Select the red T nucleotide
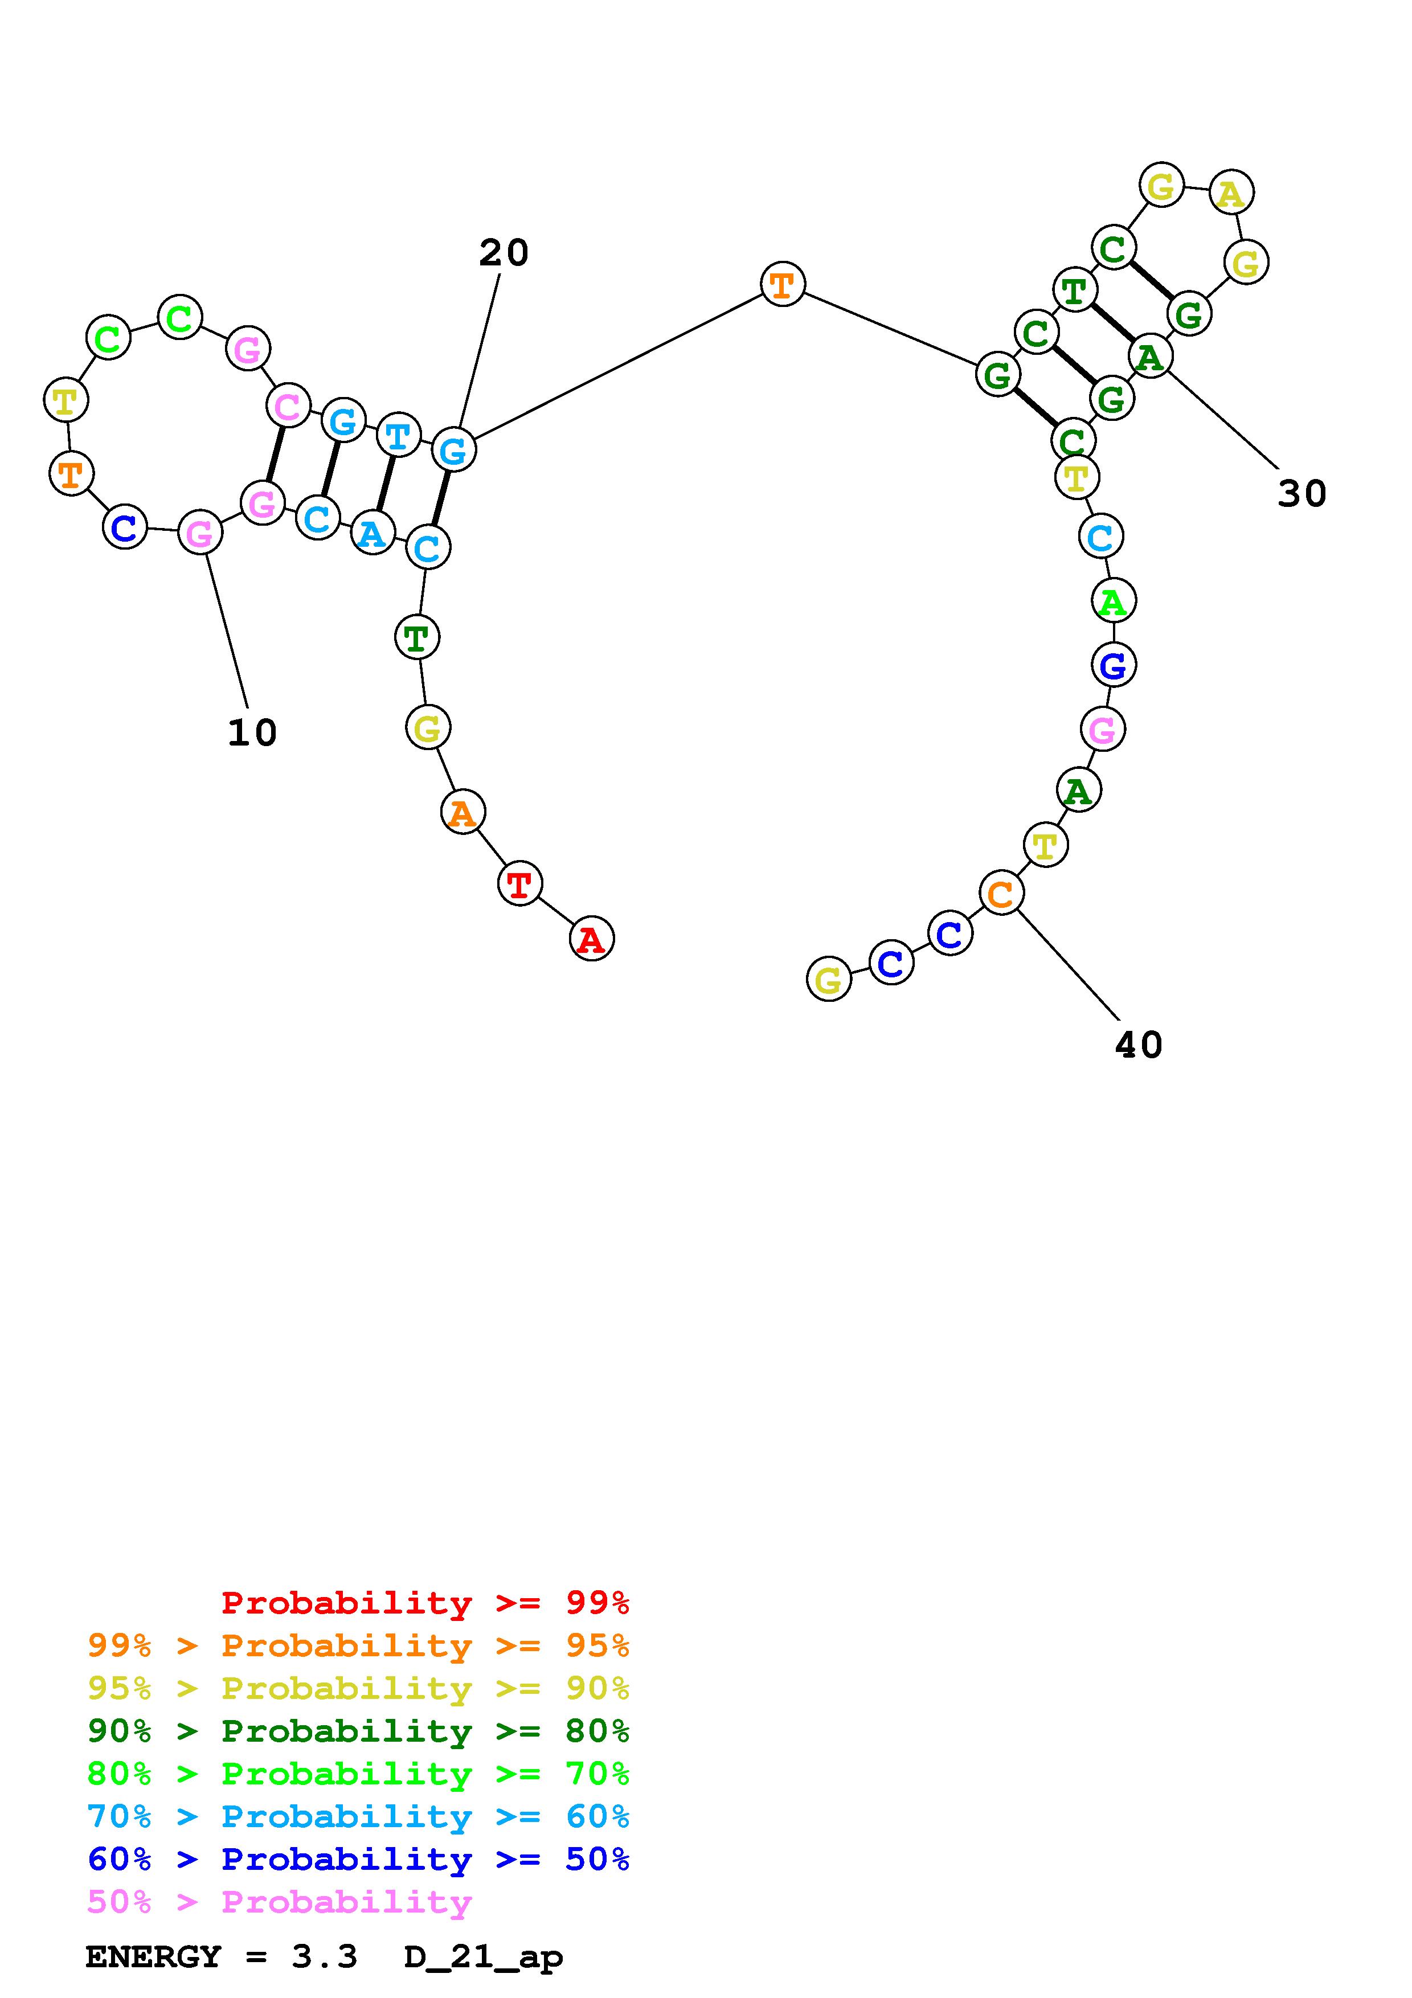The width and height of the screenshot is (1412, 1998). click(x=519, y=884)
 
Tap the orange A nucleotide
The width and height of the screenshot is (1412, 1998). click(x=463, y=812)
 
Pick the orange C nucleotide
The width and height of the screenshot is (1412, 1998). click(x=1001, y=893)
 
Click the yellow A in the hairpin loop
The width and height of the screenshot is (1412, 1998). click(x=1231, y=193)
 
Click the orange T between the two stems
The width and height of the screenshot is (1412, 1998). click(x=782, y=284)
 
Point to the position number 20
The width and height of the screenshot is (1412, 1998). click(x=504, y=253)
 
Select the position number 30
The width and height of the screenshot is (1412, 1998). click(x=1302, y=493)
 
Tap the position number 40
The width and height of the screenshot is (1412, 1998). click(x=1138, y=1045)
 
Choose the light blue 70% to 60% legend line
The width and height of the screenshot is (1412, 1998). click(x=358, y=1816)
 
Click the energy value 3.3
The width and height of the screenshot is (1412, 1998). click(x=325, y=1957)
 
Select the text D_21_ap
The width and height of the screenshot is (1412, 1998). click(x=484, y=1957)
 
